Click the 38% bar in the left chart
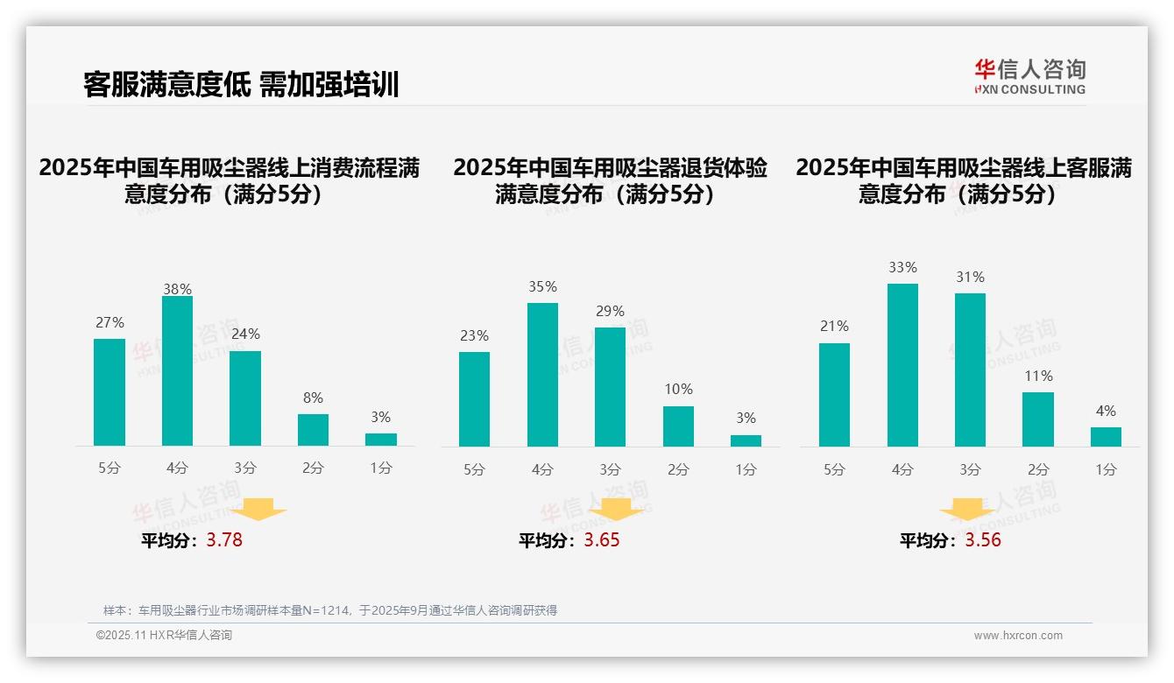point(177,371)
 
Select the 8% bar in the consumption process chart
point(313,430)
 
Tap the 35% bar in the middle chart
point(542,375)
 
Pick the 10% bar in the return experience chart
point(678,426)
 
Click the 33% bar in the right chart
point(902,365)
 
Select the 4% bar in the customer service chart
point(1106,437)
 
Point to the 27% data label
point(110,323)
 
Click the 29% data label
point(611,312)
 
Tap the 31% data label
point(970,278)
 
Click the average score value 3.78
point(224,540)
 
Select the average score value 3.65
point(601,540)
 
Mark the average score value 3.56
point(982,540)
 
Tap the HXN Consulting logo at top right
point(1029,76)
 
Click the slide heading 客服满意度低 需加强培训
point(241,85)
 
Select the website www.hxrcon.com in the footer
point(1017,636)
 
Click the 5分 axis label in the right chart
point(834,470)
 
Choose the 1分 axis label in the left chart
point(381,468)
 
